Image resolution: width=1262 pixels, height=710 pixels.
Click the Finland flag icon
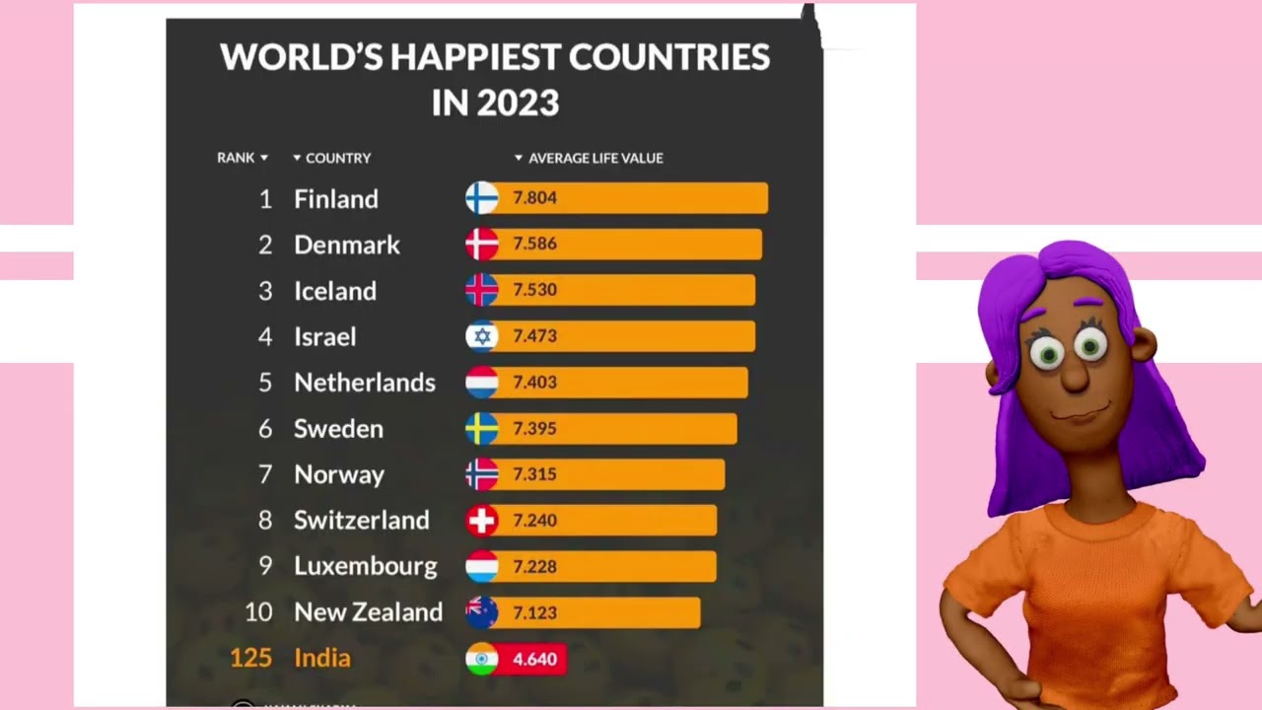[x=482, y=198]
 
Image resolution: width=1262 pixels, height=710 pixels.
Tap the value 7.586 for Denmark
[x=534, y=244]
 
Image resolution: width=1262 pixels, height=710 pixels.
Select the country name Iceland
[x=335, y=291]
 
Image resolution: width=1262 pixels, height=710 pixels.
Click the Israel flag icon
[x=482, y=336]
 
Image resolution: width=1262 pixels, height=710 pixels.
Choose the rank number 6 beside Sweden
[x=265, y=429]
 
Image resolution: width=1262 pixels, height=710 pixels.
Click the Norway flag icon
[x=482, y=474]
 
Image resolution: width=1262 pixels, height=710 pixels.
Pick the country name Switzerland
[x=362, y=521]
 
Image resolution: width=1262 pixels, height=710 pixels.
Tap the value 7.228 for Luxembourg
[x=534, y=567]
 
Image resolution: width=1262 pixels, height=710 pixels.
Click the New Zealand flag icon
[x=482, y=612]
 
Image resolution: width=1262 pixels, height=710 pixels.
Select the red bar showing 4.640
[x=532, y=659]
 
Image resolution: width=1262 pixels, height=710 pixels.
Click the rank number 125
[x=250, y=658]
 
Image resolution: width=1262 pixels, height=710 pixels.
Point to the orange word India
[x=322, y=658]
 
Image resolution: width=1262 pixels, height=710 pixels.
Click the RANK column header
[x=236, y=158]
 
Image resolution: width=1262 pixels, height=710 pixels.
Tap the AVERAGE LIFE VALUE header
[x=596, y=158]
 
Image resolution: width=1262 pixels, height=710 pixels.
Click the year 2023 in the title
[x=523, y=103]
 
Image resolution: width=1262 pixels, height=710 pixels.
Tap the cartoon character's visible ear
[x=1143, y=345]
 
